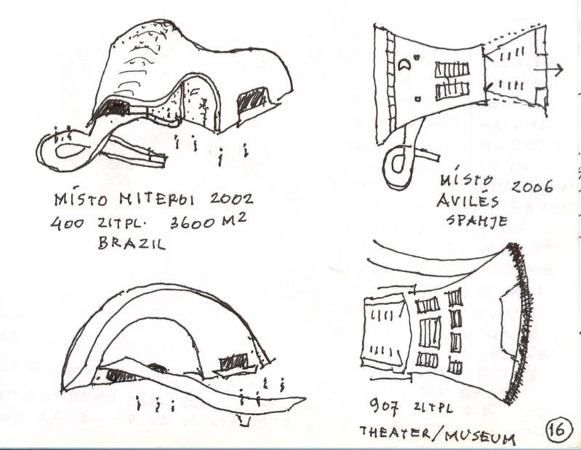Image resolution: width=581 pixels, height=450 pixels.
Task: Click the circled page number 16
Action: click(558, 427)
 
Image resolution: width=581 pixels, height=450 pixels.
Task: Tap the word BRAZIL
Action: click(132, 243)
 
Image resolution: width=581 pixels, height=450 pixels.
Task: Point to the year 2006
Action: click(532, 186)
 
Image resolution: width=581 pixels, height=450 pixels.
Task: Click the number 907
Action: click(383, 406)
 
